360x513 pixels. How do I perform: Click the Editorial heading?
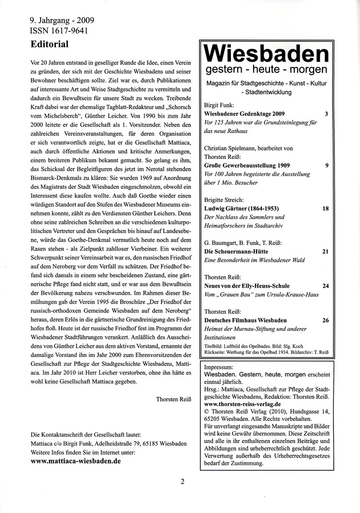coord(49,44)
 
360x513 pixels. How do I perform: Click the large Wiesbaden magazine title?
coord(266,54)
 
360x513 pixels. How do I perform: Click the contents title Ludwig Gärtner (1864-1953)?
coord(242,208)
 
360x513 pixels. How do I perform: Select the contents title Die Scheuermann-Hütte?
coord(236,251)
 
